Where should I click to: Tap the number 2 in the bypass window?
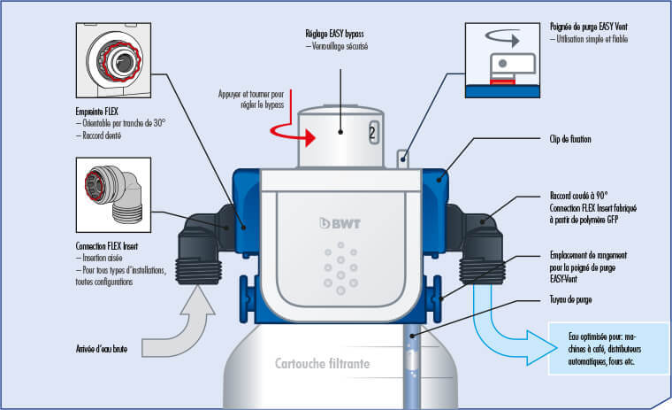point(372,134)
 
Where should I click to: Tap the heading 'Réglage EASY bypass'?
point(335,33)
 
